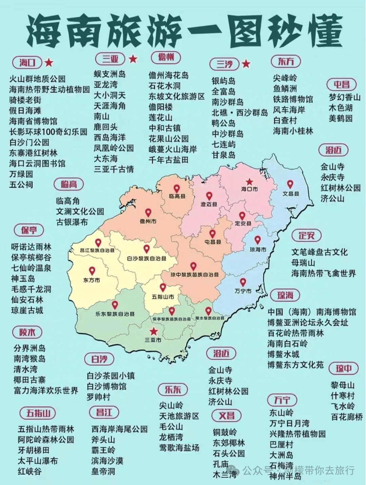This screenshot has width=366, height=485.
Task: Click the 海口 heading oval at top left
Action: (27, 62)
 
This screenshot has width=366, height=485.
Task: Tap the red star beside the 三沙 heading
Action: (246, 63)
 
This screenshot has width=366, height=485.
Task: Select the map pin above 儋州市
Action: (148, 213)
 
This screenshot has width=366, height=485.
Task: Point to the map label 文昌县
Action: (291, 194)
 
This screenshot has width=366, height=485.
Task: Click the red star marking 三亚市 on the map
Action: (154, 331)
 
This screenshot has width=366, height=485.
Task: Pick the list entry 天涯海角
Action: (109, 106)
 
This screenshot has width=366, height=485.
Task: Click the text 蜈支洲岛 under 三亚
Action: (109, 74)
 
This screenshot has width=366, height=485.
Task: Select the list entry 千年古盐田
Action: (168, 160)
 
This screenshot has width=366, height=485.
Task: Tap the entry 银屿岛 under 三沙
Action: (223, 81)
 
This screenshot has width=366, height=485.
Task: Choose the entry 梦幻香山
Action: (344, 97)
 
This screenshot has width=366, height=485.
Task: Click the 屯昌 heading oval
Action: (342, 84)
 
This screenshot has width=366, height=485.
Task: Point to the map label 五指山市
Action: (163, 297)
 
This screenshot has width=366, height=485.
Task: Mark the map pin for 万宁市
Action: (243, 282)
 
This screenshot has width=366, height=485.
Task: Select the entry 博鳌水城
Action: (283, 354)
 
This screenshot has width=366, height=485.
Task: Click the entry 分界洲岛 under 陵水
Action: (29, 348)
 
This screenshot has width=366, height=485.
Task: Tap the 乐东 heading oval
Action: (173, 390)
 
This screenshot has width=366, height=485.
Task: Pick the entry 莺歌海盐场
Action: (179, 448)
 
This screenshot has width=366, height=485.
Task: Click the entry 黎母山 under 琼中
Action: (343, 385)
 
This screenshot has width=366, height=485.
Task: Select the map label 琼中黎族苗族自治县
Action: (195, 275)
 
